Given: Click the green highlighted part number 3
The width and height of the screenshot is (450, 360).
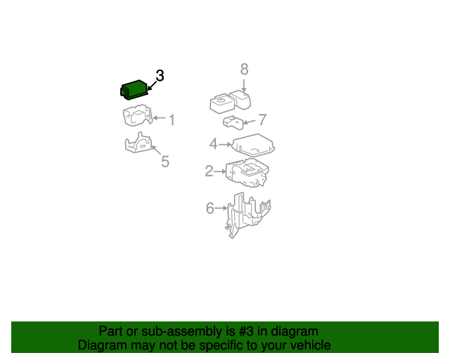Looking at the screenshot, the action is tap(134, 90).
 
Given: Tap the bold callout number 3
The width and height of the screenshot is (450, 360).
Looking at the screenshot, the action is tap(160, 76).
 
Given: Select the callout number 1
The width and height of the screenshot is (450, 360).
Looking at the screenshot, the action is tap(172, 120).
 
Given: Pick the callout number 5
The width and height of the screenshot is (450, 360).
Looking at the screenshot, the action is tap(165, 161).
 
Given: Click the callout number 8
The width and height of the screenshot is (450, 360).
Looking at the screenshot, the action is tap(244, 69).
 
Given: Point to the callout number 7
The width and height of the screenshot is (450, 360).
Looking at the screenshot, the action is tap(262, 120).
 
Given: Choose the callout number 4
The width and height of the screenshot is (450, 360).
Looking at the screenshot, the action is tap(213, 144).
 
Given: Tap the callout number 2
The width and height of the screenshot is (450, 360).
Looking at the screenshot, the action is tap(209, 171).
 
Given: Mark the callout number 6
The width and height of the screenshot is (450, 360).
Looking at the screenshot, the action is tap(210, 208).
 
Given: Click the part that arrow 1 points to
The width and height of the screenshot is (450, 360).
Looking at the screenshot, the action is tap(138, 115).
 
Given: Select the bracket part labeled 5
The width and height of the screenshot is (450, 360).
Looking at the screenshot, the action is tap(139, 143).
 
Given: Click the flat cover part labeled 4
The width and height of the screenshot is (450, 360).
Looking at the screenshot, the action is tap(253, 145).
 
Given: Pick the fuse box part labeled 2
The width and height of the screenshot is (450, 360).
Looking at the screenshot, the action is tap(247, 172).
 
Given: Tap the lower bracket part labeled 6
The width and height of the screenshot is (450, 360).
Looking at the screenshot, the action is tap(248, 214).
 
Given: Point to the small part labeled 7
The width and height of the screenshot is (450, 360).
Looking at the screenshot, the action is tap(233, 122).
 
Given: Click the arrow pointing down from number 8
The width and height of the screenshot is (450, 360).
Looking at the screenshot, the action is tap(244, 86).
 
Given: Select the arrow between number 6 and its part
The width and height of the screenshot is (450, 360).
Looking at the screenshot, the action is tap(221, 208).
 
